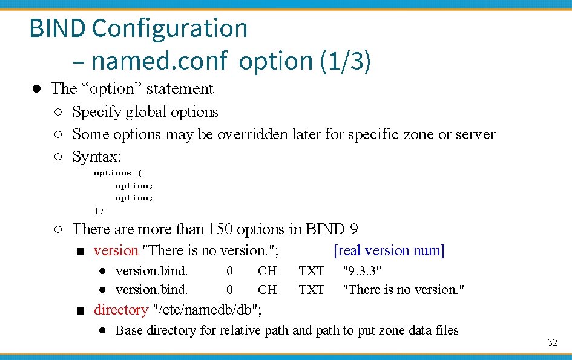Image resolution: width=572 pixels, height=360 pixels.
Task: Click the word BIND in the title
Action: tap(58, 28)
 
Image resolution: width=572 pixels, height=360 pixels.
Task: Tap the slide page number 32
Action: tap(552, 343)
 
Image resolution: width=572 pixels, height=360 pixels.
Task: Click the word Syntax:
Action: tap(97, 157)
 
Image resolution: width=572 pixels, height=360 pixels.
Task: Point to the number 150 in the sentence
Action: tap(220, 230)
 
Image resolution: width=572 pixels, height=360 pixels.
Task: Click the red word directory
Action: tap(121, 310)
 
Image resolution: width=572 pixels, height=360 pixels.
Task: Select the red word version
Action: tap(116, 250)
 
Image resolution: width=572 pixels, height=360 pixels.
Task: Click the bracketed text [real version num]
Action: tap(389, 250)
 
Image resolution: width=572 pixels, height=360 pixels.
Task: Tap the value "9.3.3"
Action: tap(362, 270)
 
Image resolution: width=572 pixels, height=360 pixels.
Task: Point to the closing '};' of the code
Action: tap(99, 210)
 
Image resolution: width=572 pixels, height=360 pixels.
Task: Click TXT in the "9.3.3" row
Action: tap(312, 270)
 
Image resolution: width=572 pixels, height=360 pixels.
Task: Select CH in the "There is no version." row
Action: tap(267, 290)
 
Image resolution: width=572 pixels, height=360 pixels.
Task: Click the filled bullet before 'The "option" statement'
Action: tap(37, 89)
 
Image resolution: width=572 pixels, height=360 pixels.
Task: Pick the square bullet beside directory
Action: tap(80, 311)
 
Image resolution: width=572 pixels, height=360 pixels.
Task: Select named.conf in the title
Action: tap(159, 61)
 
